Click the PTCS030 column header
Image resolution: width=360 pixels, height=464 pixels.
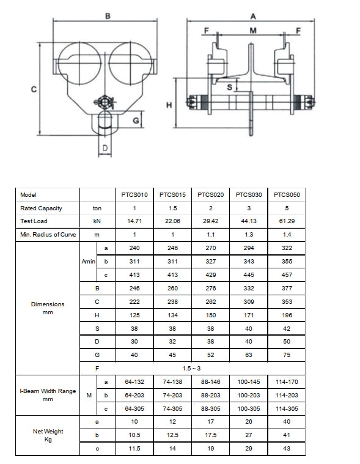pos(249,194)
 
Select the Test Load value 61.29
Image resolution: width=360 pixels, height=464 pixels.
pos(287,221)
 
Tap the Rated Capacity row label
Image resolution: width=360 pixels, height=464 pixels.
pos(41,208)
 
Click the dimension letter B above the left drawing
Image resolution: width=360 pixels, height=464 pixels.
pos(108,17)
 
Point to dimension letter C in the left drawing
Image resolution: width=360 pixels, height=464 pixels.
pos(34,88)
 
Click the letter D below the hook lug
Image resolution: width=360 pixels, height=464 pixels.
pos(105,148)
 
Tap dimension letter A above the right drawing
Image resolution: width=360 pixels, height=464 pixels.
pos(252,17)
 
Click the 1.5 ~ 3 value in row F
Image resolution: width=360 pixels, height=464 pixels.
pos(192,367)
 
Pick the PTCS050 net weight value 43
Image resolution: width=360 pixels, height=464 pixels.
pos(287,448)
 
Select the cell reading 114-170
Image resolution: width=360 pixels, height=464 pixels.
pos(287,381)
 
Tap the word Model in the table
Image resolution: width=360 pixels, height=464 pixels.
pos(28,194)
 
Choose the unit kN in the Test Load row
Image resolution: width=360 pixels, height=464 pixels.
pos(97,221)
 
